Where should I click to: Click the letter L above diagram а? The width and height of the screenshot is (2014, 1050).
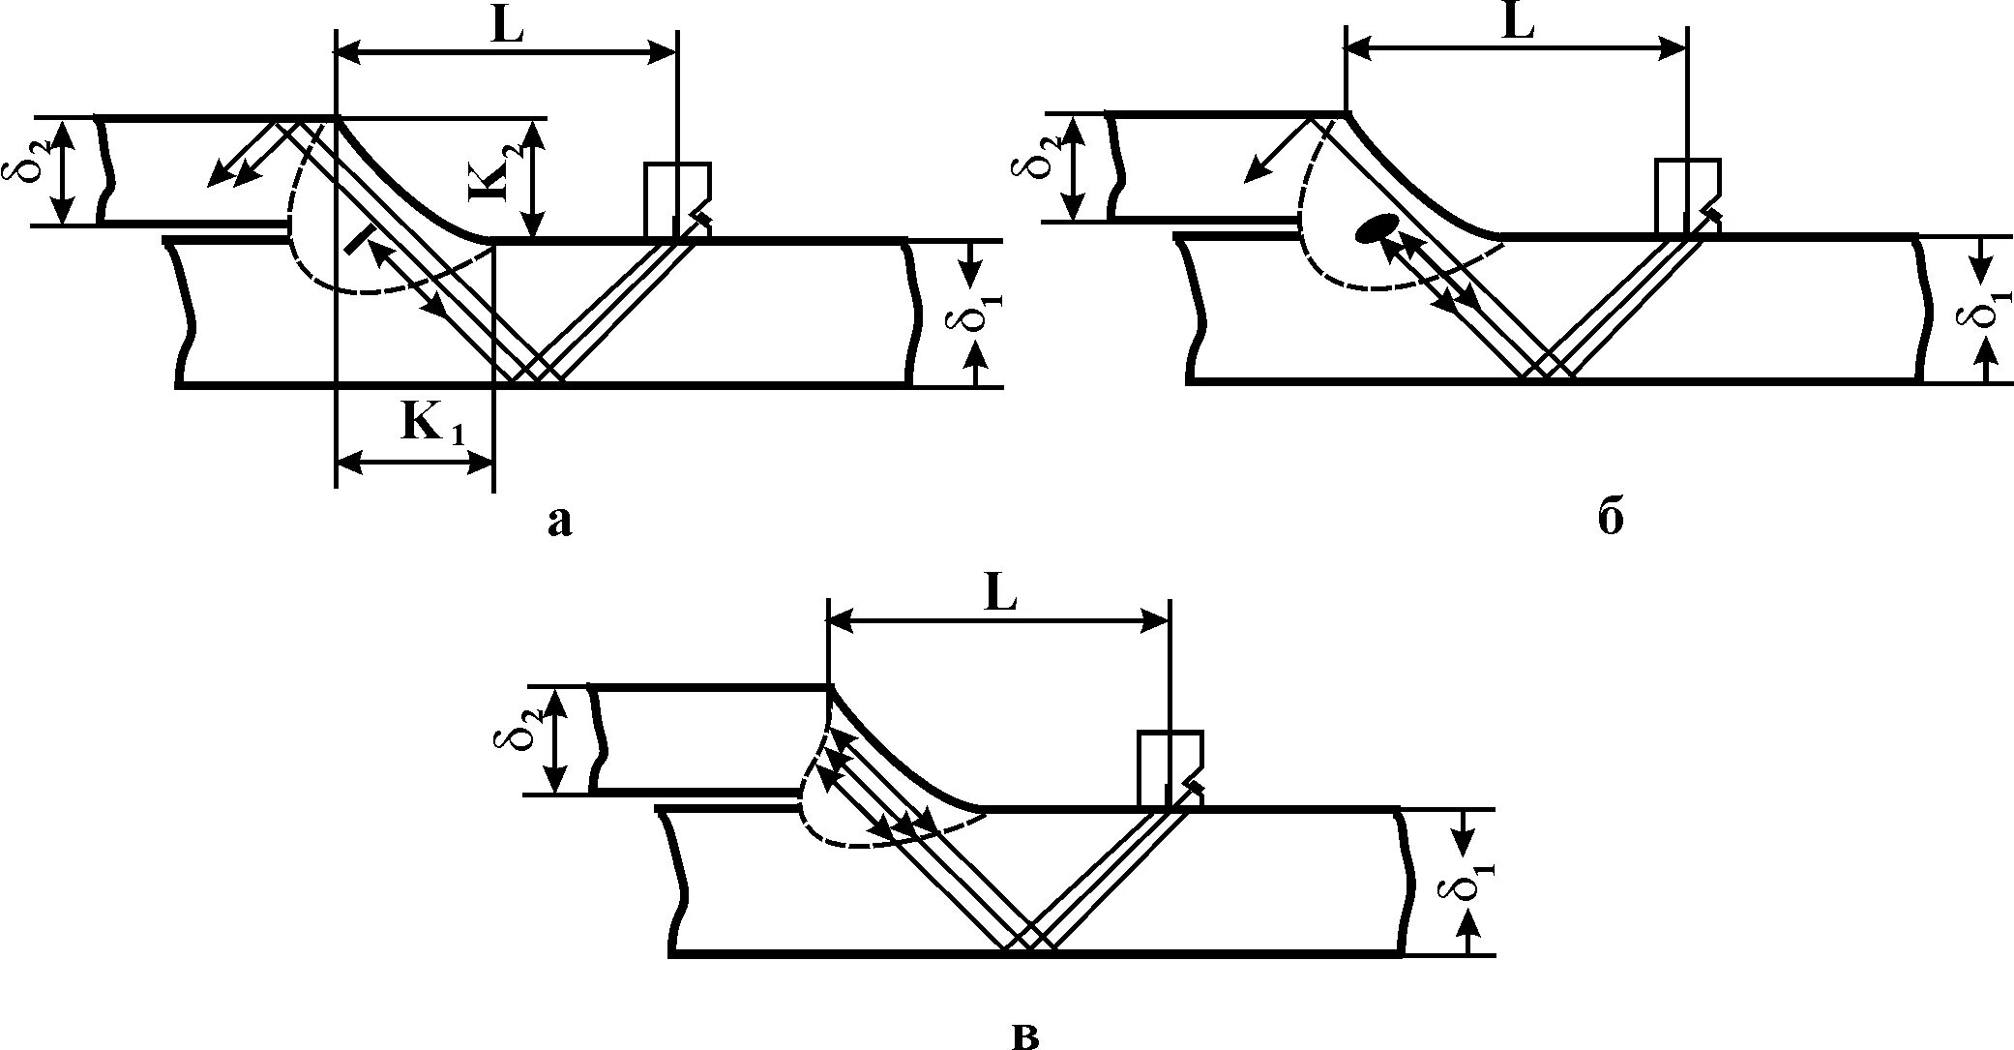(x=507, y=27)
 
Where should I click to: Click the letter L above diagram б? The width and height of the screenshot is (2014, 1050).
(x=1518, y=25)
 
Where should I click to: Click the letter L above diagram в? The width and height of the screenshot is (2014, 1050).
(x=1000, y=596)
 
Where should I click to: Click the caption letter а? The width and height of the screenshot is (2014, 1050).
(x=560, y=523)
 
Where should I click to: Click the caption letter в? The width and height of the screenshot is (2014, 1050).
(x=1025, y=1035)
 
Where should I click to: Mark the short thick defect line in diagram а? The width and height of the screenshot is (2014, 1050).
(x=358, y=237)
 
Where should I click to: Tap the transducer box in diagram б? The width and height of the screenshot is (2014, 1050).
(x=1684, y=195)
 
